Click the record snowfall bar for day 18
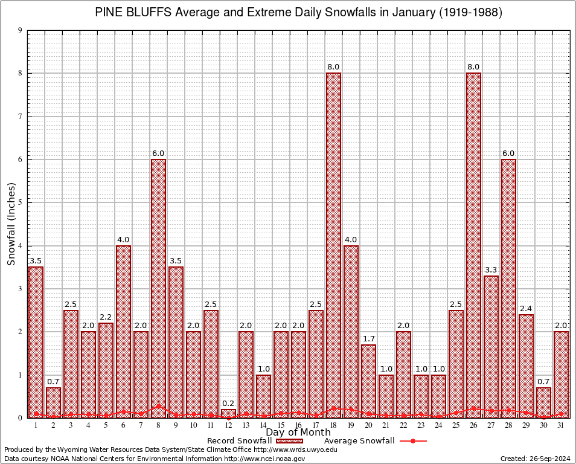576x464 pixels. (333, 242)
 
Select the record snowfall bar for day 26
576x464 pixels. (473, 242)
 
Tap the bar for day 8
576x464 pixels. (158, 284)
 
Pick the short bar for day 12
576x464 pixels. (228, 414)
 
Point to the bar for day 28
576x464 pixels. (508, 284)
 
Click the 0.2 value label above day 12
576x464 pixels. (228, 404)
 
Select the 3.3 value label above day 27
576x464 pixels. (491, 269)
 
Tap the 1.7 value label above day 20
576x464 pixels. (368, 338)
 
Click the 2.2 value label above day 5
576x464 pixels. (106, 317)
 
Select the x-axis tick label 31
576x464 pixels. (561, 426)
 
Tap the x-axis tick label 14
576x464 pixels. (263, 426)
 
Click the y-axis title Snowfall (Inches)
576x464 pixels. (11, 224)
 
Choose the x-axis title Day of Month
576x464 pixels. (298, 433)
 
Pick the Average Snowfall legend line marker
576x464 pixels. (412, 441)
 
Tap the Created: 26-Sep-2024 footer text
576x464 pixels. (535, 459)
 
